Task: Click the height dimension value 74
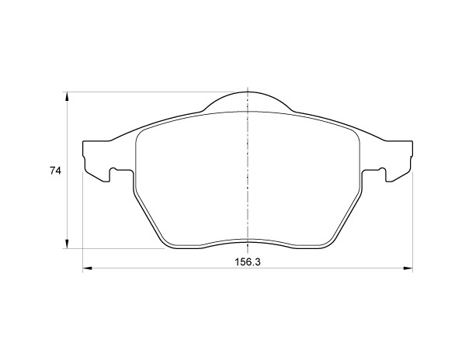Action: click(x=55, y=171)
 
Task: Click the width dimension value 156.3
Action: click(x=248, y=261)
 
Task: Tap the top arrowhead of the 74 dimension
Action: click(x=68, y=97)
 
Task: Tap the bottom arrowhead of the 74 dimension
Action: click(x=68, y=244)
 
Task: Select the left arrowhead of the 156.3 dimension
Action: click(x=88, y=268)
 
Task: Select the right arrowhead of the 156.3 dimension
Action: click(x=408, y=268)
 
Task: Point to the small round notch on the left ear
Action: click(x=113, y=170)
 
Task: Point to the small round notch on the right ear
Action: click(x=382, y=170)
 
